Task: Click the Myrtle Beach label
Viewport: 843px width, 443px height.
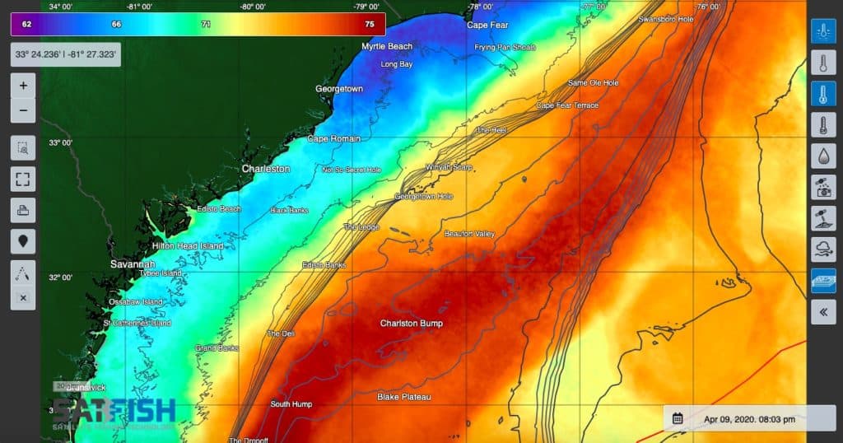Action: click(x=387, y=46)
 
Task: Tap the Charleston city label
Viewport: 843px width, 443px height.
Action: click(x=265, y=169)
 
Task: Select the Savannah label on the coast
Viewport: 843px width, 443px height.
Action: click(x=133, y=264)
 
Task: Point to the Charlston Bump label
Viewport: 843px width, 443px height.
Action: click(x=411, y=324)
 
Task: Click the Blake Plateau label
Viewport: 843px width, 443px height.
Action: click(x=404, y=397)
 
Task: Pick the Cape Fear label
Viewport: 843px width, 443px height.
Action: click(x=488, y=25)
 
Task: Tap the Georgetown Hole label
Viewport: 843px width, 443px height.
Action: click(x=423, y=197)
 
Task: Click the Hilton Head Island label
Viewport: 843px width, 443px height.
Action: click(x=188, y=246)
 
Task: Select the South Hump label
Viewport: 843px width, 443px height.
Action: click(x=291, y=404)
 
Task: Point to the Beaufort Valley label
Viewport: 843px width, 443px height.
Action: click(x=469, y=234)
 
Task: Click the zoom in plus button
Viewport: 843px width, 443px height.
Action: click(x=23, y=85)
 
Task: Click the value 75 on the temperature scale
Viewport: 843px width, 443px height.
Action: click(x=370, y=25)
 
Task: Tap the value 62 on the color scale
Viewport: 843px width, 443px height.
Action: click(x=27, y=25)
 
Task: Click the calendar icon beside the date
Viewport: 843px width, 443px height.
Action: click(x=678, y=418)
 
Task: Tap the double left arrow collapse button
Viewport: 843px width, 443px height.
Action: click(x=823, y=312)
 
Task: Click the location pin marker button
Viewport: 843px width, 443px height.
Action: click(x=23, y=241)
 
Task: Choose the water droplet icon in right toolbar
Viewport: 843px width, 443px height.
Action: click(x=823, y=156)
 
